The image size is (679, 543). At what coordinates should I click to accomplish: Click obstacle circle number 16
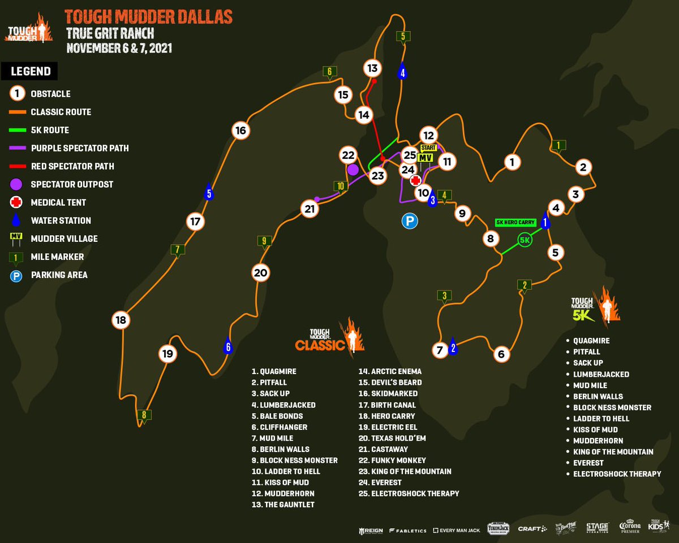click(240, 131)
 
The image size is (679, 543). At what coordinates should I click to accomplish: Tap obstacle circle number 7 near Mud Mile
click(439, 350)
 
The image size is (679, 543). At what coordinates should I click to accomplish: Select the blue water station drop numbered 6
click(228, 346)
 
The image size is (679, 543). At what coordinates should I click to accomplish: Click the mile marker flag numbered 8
click(144, 415)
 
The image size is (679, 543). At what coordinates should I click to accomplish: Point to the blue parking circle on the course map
click(410, 221)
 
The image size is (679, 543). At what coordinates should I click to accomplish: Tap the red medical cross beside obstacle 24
click(415, 180)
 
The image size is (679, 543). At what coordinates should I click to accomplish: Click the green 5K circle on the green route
click(525, 240)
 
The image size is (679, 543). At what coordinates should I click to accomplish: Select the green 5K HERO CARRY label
click(515, 223)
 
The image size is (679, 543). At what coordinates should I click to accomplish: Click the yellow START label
click(428, 147)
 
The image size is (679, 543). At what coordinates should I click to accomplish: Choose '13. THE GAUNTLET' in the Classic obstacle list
click(283, 505)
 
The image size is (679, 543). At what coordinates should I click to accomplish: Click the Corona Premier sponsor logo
click(630, 527)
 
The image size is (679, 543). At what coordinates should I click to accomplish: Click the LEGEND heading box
click(31, 71)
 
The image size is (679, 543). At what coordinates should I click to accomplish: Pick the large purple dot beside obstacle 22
click(353, 169)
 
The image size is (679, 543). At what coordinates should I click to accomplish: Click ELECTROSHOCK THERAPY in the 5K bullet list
click(617, 474)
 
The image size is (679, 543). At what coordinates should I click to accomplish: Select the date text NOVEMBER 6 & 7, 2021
click(119, 47)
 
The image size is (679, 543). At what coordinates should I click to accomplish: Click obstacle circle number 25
click(410, 155)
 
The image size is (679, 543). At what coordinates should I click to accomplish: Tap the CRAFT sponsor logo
click(532, 528)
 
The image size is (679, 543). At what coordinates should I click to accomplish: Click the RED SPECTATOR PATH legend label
click(72, 166)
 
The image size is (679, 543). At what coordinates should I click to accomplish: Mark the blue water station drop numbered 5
click(209, 192)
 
